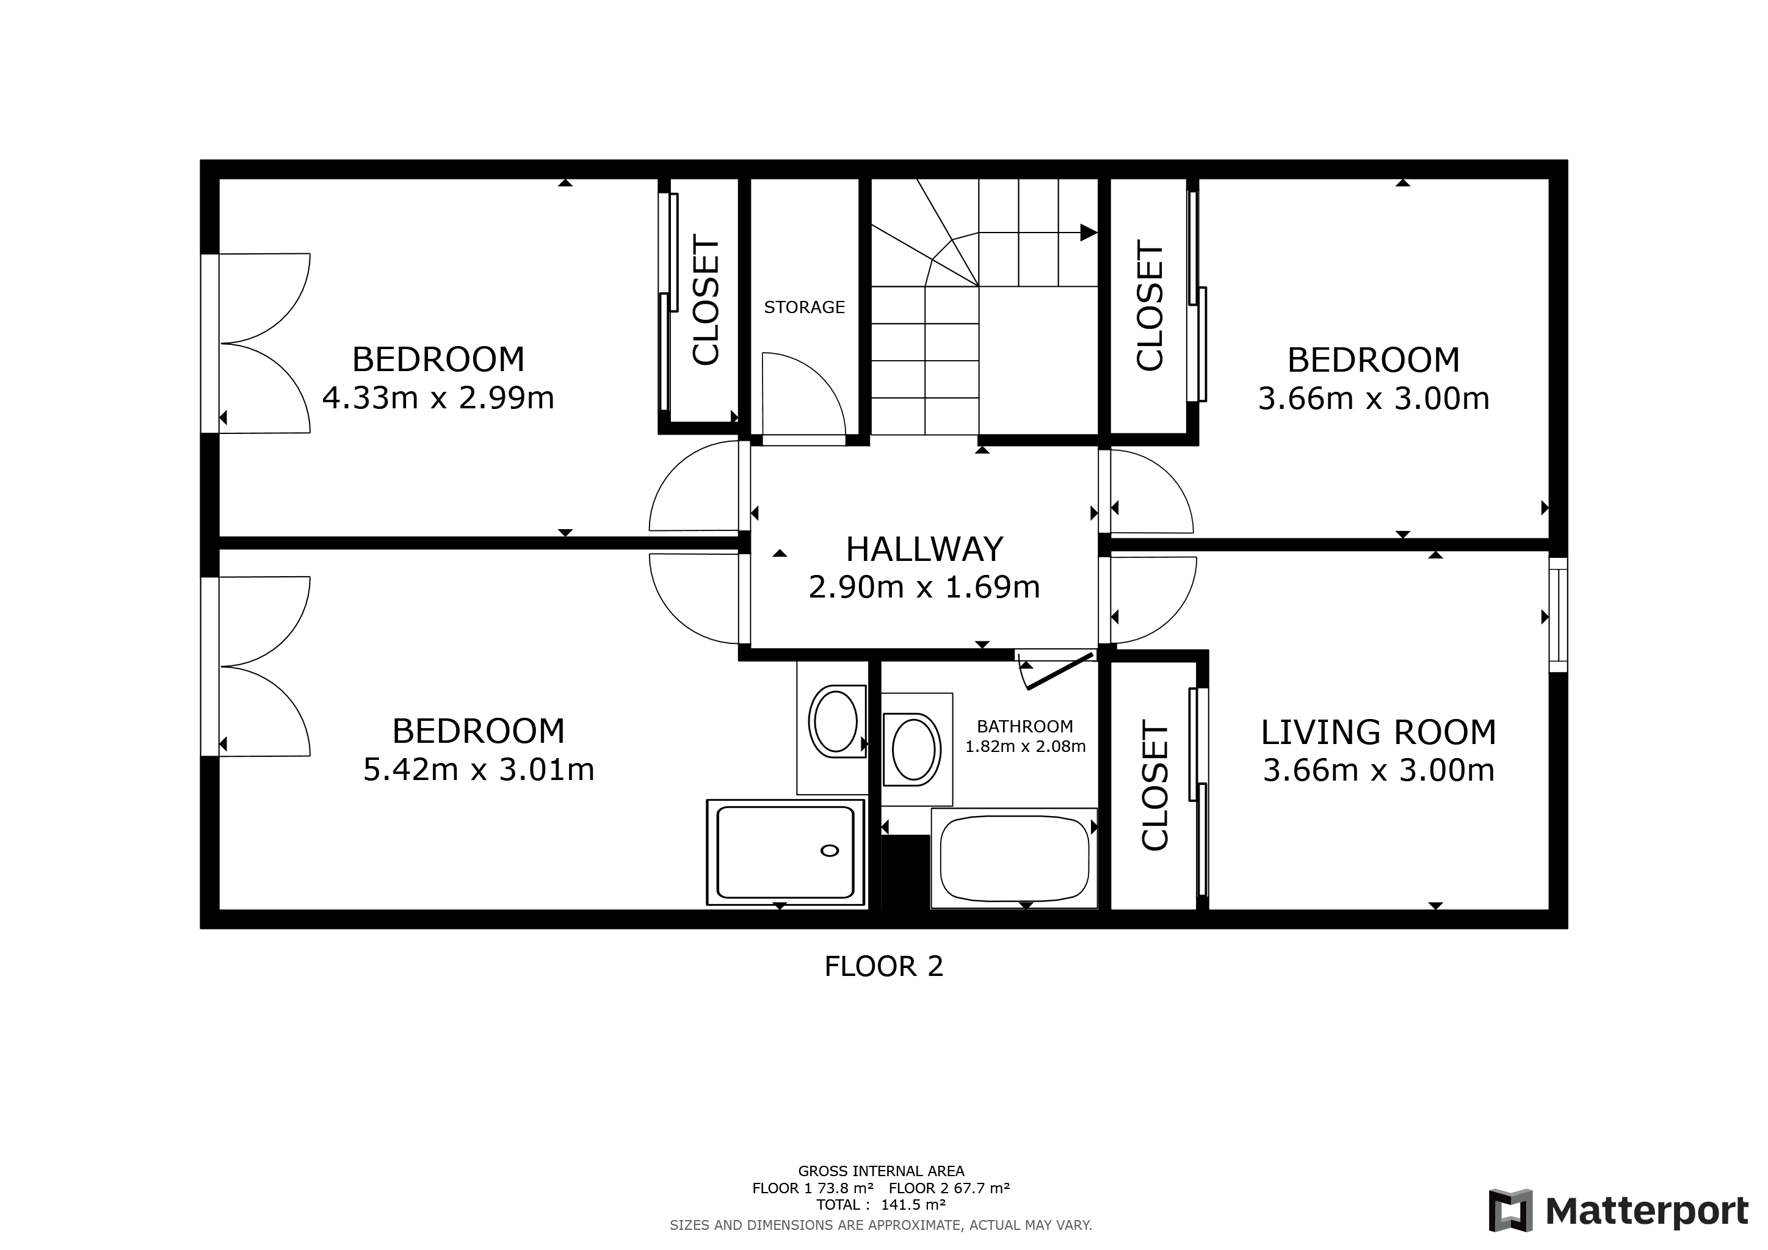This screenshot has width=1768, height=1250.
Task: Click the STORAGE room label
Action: tap(804, 307)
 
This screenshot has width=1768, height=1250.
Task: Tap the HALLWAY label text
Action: tap(924, 549)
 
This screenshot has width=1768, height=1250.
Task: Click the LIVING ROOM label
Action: tap(1379, 732)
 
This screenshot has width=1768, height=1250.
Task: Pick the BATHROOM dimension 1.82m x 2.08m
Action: tap(1025, 746)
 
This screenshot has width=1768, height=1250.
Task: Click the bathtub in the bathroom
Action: tap(1014, 858)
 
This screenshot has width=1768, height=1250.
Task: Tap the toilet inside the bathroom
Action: tap(913, 749)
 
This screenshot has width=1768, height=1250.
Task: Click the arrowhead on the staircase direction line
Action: tap(1088, 233)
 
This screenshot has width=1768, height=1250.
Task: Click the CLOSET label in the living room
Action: tap(1154, 785)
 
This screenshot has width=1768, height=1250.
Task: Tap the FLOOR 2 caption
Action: tap(883, 967)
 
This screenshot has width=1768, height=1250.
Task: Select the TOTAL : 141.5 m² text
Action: tap(881, 1205)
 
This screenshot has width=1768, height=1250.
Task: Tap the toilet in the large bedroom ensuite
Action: tap(836, 721)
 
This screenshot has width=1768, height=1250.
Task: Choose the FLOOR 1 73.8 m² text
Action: tap(813, 1188)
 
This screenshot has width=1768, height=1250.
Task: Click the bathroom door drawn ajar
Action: tap(1060, 671)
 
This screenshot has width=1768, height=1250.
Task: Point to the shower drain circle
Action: tap(829, 850)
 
